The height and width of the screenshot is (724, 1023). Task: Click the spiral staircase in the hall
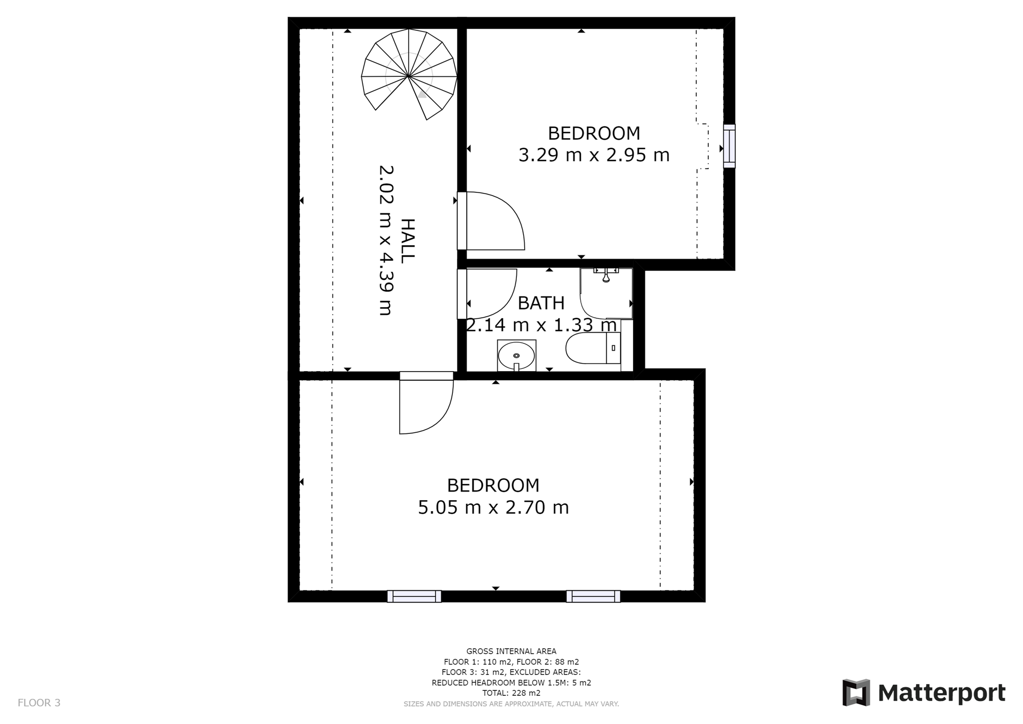click(409, 74)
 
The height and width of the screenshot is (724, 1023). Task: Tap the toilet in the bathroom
click(593, 348)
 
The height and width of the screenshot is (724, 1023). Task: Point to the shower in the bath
click(606, 293)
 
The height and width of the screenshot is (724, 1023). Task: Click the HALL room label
click(407, 240)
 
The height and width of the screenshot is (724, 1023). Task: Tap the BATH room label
click(541, 303)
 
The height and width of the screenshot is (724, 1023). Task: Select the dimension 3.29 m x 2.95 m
click(594, 155)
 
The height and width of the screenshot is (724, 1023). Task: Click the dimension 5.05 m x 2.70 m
click(493, 507)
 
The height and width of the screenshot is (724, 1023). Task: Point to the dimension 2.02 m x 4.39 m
click(386, 240)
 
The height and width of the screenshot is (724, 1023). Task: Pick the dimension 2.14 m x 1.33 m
click(541, 325)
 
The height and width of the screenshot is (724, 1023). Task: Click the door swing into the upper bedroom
click(491, 221)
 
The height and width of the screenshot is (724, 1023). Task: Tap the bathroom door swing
click(488, 294)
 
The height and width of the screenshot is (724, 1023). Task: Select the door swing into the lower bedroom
click(426, 403)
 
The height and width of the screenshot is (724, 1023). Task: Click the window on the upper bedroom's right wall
click(729, 147)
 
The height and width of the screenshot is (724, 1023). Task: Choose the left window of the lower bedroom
click(414, 596)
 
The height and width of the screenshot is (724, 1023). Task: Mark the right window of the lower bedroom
click(593, 596)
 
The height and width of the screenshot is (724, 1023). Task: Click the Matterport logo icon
click(856, 693)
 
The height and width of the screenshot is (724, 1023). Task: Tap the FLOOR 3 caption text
click(39, 703)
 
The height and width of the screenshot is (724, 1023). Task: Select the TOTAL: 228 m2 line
click(511, 693)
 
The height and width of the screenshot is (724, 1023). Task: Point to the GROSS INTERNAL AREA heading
click(511, 651)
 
